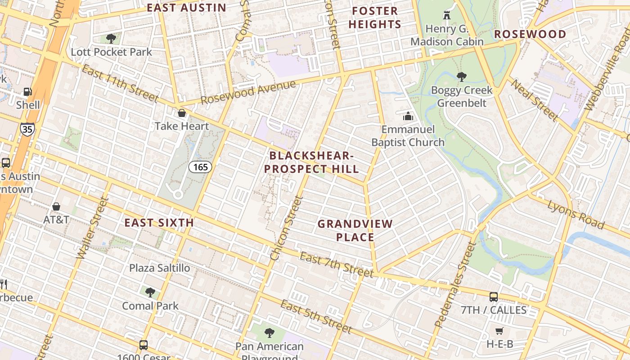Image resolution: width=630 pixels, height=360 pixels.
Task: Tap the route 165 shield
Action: coord(200,167)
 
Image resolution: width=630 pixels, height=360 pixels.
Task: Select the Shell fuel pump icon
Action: coord(28,92)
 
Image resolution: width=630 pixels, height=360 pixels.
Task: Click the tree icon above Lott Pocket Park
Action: coord(111,39)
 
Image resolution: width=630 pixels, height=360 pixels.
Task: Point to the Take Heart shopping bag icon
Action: coord(182,113)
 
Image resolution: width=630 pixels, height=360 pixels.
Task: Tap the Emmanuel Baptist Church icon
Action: coord(408,117)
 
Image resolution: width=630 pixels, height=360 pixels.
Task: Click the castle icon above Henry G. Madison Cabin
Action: coord(446,15)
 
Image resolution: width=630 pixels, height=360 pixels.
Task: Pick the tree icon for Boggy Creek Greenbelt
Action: coord(461,77)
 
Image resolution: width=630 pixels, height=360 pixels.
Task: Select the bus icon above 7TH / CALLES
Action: coord(494,297)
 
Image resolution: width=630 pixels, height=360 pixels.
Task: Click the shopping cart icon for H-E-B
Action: coord(499,331)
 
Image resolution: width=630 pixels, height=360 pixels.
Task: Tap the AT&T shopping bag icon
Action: coord(56,207)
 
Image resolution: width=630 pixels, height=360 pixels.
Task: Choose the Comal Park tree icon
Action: coord(150,292)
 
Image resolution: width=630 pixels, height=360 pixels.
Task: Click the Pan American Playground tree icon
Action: coord(270,333)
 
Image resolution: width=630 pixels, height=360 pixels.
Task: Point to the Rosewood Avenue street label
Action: coord(248,92)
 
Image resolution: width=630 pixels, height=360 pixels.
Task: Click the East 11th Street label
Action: coord(120,84)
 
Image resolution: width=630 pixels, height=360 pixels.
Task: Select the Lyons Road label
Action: coord(576,214)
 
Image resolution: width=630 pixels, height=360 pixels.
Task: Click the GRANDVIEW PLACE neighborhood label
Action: coord(355,230)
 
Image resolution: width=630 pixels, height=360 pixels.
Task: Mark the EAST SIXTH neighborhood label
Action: coord(159,223)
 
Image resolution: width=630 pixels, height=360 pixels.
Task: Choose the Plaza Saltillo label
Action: coord(160,268)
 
